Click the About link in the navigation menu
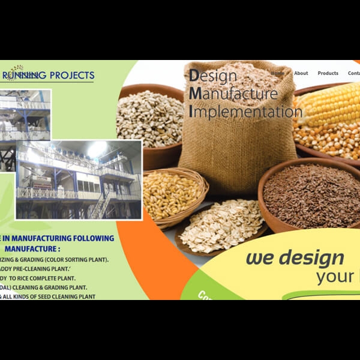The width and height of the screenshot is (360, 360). click(x=301, y=73)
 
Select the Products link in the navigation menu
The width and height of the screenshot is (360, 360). click(x=328, y=73)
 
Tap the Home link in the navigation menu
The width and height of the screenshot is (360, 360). click(x=278, y=73)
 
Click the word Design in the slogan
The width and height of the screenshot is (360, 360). click(x=213, y=76)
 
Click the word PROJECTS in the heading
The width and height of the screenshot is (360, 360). click(x=71, y=76)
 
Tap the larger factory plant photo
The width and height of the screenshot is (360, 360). click(x=79, y=179)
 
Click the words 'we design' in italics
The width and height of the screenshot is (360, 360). click(x=295, y=258)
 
